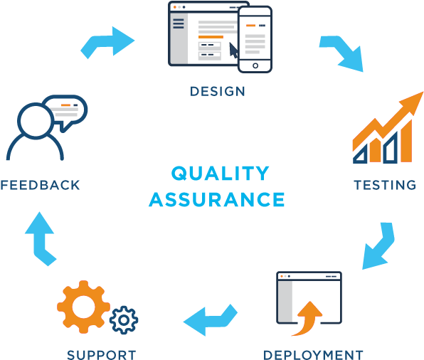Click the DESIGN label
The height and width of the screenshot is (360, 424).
[218, 91]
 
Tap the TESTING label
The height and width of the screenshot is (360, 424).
[385, 185]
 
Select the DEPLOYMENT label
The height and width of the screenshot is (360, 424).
[313, 355]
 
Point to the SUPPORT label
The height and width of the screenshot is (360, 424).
[102, 355]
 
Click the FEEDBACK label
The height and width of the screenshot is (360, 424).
[40, 185]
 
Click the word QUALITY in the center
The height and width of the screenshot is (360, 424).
[220, 173]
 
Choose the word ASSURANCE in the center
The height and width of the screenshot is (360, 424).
[217, 199]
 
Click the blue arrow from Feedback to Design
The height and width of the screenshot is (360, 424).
[108, 42]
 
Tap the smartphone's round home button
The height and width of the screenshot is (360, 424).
[255, 65]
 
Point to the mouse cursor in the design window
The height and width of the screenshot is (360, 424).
[233, 51]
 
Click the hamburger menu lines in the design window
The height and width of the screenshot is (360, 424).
[179, 23]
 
